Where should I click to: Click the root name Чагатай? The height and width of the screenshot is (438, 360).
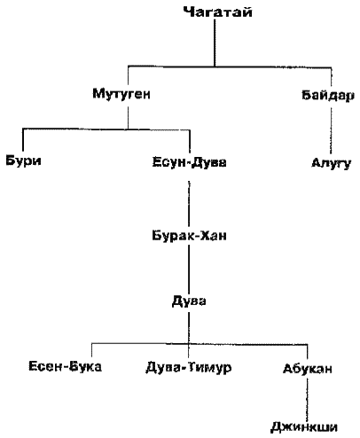(217, 12)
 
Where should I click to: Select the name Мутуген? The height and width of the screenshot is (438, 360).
(121, 94)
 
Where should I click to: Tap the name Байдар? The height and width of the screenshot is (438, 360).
(328, 96)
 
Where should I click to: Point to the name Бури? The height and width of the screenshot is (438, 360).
(23, 161)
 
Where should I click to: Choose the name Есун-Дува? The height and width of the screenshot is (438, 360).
(190, 162)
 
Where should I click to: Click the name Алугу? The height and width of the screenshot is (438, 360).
(332, 163)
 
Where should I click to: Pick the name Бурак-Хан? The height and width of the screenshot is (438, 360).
(190, 236)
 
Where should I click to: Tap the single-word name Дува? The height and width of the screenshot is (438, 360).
(189, 301)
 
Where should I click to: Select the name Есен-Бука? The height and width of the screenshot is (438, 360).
(65, 366)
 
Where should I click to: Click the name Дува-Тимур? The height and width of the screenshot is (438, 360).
(189, 368)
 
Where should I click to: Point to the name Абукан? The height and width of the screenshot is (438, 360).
(308, 369)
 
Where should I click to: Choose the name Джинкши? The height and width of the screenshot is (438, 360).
(304, 427)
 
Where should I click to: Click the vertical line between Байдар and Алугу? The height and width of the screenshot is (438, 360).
(331, 130)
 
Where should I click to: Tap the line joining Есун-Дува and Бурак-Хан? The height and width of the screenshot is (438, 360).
(189, 205)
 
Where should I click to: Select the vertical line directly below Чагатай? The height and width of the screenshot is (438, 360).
(215, 43)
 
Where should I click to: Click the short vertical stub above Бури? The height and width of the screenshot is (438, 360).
(23, 140)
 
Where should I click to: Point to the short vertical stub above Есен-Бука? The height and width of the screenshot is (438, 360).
(91, 350)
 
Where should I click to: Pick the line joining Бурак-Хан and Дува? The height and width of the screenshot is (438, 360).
(189, 269)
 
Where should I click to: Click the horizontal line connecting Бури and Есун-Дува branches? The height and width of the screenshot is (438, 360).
(106, 129)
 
